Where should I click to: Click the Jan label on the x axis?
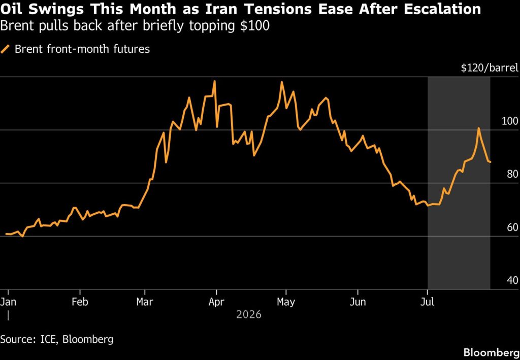click(8, 302)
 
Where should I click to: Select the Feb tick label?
click(80, 302)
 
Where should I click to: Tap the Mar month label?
click(145, 302)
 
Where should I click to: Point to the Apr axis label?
click(216, 302)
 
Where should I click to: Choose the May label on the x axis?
click(286, 302)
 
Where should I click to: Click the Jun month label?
click(358, 302)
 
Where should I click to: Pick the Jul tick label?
click(428, 302)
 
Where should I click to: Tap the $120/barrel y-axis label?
click(489, 68)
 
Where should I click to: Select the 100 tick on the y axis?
click(510, 121)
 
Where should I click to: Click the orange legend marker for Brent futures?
click(6, 49)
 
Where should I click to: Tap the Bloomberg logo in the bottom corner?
click(491, 352)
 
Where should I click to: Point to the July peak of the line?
click(478, 128)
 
